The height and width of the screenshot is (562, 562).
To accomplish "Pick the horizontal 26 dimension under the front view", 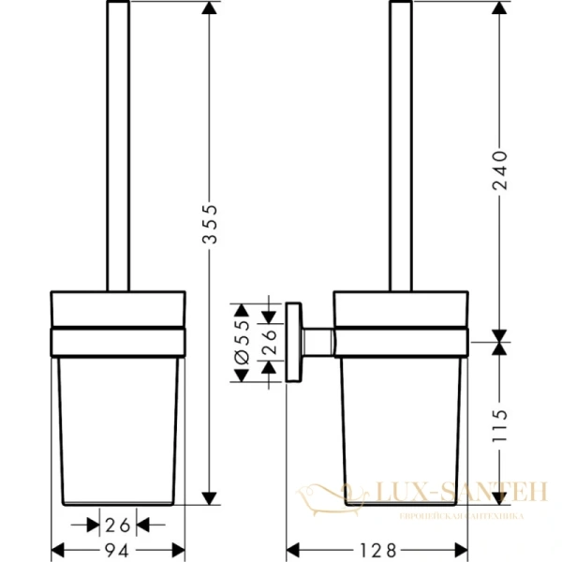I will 118,525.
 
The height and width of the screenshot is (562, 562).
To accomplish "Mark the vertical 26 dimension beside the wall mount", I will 269,341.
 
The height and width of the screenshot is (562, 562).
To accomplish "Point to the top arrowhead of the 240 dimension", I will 499,7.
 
